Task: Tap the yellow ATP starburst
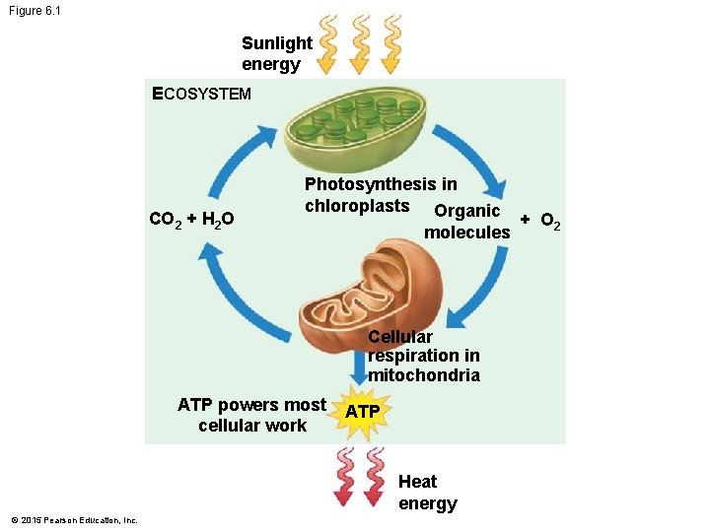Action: pyautogui.click(x=363, y=411)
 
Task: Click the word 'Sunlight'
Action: pyautogui.click(x=277, y=43)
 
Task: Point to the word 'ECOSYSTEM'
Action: pyautogui.click(x=201, y=95)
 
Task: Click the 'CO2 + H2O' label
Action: pyautogui.click(x=190, y=218)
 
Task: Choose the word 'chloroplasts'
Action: pyautogui.click(x=357, y=206)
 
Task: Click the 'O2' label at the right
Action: pyautogui.click(x=550, y=219)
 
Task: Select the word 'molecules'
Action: pyautogui.click(x=467, y=233)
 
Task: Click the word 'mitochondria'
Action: pyautogui.click(x=424, y=375)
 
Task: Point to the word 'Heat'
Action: pyautogui.click(x=417, y=482)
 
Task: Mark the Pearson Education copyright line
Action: pyautogui.click(x=74, y=520)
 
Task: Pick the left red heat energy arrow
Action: pyautogui.click(x=345, y=475)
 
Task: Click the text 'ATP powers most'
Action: pyautogui.click(x=251, y=405)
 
